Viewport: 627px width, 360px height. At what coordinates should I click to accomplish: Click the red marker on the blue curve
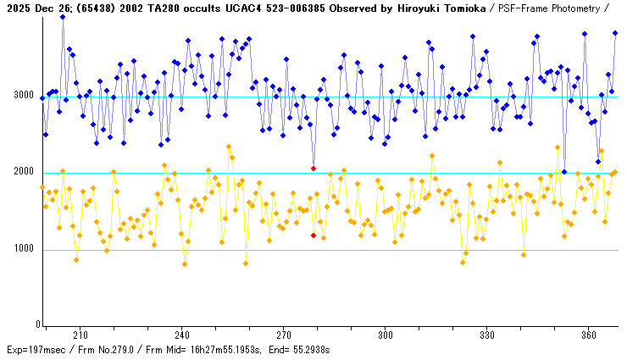[313, 168]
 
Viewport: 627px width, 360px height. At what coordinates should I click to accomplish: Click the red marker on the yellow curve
[313, 235]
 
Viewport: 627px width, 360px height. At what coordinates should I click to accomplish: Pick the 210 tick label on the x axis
[80, 335]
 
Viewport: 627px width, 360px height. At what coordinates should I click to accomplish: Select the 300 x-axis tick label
[386, 335]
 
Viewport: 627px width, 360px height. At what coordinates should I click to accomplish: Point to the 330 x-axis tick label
[487, 335]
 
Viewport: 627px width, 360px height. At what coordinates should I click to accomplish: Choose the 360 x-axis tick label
[589, 335]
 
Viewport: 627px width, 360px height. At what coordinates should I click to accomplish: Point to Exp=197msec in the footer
[32, 349]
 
